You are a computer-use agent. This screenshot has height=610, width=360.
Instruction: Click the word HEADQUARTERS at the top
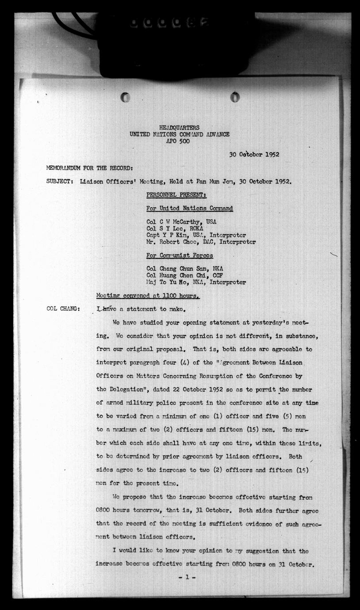pyautogui.click(x=179, y=128)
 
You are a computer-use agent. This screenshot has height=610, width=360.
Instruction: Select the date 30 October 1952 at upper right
pyautogui.click(x=254, y=155)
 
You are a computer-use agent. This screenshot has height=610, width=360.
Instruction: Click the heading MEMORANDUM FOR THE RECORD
pyautogui.click(x=89, y=168)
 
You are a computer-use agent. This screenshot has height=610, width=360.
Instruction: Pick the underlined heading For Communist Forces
pyautogui.click(x=180, y=255)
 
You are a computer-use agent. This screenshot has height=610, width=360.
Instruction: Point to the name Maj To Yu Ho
pyautogui.click(x=165, y=282)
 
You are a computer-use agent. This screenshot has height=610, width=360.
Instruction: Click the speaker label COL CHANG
pyautogui.click(x=63, y=309)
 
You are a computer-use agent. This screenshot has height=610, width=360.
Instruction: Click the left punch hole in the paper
pyautogui.click(x=126, y=97)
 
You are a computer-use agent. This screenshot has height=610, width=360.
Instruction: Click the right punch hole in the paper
pyautogui.click(x=235, y=97)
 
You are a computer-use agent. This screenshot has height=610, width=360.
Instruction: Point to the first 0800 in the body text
pyautogui.click(x=103, y=510)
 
